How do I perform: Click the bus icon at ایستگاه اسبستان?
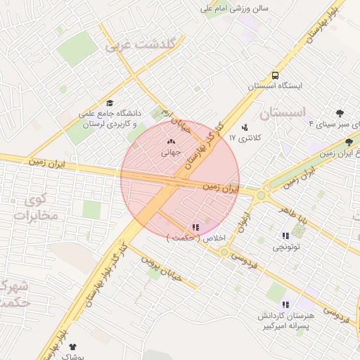(275, 75)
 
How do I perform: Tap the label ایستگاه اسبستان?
(275, 86)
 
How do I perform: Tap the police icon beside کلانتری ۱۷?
(245, 127)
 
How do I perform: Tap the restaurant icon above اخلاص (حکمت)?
(195, 227)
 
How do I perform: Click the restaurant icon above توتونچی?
(285, 236)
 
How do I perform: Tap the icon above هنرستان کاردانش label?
(285, 304)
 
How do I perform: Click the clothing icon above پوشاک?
(72, 347)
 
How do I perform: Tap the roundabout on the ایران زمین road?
(262, 195)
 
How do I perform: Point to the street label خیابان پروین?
(162, 271)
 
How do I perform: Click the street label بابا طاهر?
(292, 214)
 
